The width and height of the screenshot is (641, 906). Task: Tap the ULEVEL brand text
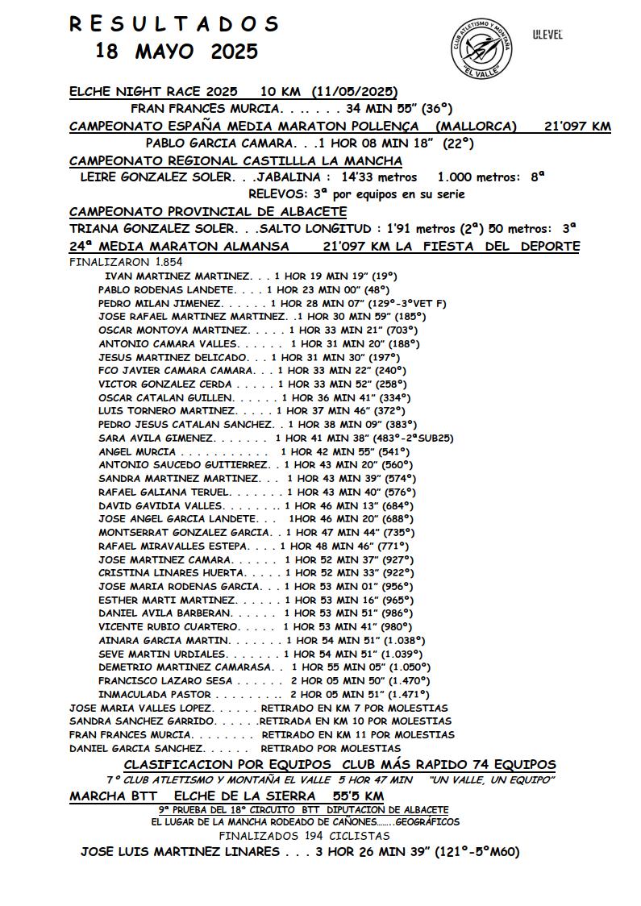point(547,35)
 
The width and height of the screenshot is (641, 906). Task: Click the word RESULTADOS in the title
point(173,24)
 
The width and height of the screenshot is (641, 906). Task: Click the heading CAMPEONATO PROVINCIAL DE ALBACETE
point(208,211)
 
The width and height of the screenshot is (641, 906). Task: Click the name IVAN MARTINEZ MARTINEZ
point(179,276)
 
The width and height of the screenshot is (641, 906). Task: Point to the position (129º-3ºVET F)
point(407,303)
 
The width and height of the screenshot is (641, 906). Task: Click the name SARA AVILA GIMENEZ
point(156,438)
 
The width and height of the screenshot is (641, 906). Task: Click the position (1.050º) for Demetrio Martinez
point(410,667)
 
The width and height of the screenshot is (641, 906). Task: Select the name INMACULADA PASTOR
point(155,694)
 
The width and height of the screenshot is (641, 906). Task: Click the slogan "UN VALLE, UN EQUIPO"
point(492,779)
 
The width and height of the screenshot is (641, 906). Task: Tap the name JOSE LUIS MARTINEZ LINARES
point(180,852)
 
